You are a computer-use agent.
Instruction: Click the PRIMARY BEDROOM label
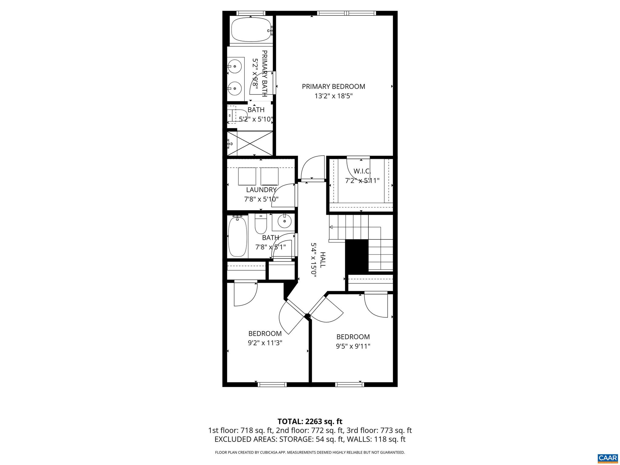[x=333, y=87]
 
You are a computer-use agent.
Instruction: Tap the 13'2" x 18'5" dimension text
[x=333, y=96]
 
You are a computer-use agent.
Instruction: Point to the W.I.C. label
[x=362, y=171]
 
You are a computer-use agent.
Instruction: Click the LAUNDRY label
[x=261, y=190]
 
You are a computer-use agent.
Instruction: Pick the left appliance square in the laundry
[x=247, y=176]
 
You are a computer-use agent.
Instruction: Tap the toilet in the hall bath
[x=260, y=224]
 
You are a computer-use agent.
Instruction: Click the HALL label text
[x=323, y=259]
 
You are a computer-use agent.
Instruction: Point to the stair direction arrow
[x=331, y=227]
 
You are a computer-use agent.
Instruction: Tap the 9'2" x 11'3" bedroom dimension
[x=265, y=343]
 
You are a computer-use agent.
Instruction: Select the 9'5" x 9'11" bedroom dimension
[x=353, y=346]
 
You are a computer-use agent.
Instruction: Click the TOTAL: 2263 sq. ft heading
[x=310, y=421]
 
